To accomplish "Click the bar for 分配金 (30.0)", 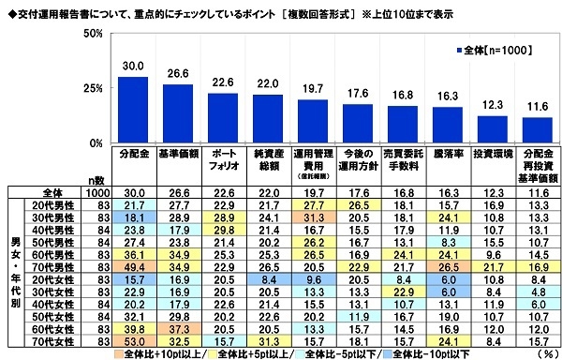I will coord(133,110).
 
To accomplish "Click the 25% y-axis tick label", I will coord(94,88).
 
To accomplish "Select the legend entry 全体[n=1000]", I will coord(492,52).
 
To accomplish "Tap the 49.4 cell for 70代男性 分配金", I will coord(133,267).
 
